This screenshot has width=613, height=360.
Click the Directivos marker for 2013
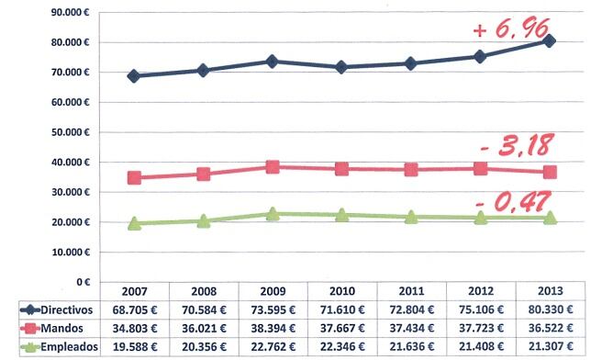coord(549,41)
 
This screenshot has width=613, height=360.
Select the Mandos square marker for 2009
coord(273,167)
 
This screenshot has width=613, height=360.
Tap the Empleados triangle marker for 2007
coord(134,223)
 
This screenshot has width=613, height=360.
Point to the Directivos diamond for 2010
coord(341,67)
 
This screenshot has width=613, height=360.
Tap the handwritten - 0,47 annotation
coord(515,201)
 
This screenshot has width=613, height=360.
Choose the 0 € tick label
coord(81,282)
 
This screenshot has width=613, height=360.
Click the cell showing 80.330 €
coord(549,311)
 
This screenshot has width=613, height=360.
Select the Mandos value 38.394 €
coord(273,328)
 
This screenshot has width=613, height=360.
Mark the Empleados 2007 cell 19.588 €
coord(134,345)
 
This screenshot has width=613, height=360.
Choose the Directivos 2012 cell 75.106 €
coord(480,311)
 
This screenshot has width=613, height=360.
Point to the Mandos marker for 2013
coord(549,173)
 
